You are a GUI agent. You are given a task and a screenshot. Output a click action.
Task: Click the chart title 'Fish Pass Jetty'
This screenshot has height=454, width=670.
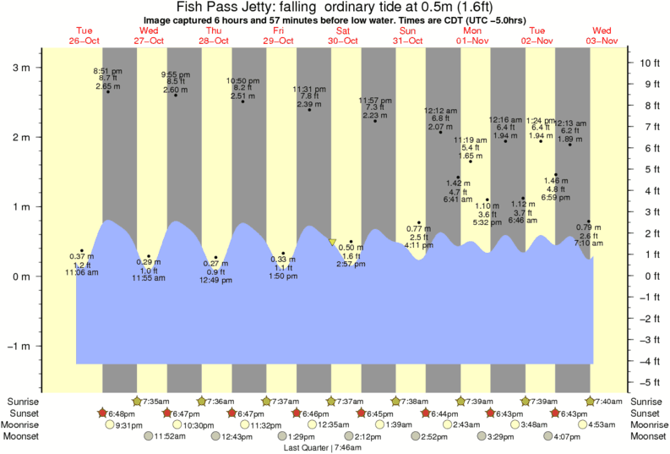tap(222, 7)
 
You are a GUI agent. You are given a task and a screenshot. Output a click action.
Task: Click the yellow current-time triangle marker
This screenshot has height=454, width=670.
tap(333, 242)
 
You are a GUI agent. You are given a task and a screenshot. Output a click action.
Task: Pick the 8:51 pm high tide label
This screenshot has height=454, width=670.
tap(107, 71)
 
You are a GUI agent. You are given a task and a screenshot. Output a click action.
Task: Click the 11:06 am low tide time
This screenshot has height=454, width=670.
tap(82, 272)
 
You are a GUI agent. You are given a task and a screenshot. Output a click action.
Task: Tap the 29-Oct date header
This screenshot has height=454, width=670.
tap(278, 41)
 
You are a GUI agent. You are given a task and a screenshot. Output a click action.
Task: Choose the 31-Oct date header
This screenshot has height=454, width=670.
tap(407, 41)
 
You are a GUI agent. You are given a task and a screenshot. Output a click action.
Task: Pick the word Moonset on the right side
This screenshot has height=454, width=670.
tap(647, 437)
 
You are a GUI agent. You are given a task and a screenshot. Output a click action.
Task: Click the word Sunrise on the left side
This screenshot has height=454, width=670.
tap(23, 402)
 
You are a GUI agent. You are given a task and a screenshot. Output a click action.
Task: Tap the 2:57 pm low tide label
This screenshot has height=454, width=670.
tap(350, 264)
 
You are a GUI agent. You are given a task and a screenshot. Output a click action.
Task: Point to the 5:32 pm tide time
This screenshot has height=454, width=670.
tap(488, 222)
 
